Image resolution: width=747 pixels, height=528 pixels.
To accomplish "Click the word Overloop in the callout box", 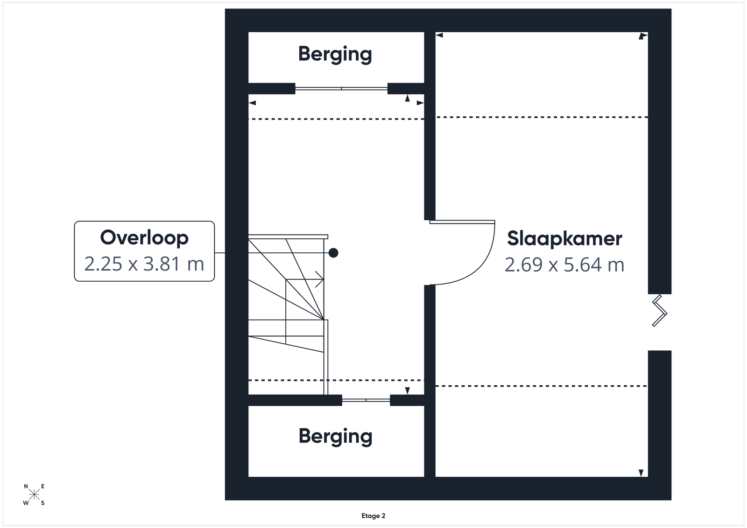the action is click(144, 238).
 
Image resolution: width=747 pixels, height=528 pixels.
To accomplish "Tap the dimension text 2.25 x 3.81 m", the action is click(144, 264).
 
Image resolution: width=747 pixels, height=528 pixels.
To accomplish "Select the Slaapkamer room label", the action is click(564, 238).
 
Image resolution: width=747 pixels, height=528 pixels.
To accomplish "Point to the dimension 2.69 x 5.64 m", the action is click(564, 265).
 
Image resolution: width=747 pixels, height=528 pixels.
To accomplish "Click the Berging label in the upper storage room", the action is click(335, 54).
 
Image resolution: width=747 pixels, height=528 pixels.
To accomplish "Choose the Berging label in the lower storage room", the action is click(336, 437).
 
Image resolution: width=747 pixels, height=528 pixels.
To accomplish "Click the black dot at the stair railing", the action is click(333, 253).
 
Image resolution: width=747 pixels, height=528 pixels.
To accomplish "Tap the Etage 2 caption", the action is click(373, 516).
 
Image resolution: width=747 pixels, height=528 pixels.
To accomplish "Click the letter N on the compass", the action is click(26, 486).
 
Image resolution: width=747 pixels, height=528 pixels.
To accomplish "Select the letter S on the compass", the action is click(42, 503).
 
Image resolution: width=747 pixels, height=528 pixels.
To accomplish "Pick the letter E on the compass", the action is click(42, 486).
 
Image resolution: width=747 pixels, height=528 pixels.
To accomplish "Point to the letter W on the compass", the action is click(26, 503).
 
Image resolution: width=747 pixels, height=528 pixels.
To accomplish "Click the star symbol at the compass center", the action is click(35, 495).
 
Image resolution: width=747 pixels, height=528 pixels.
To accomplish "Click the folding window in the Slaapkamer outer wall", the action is click(660, 311).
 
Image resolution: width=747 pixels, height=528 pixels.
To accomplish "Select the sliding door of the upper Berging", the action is click(341, 89).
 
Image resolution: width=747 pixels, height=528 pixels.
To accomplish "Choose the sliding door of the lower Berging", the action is click(366, 400).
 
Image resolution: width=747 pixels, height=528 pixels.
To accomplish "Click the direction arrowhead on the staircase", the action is click(320, 279).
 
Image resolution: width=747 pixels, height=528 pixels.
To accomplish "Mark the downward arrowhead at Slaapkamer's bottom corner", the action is click(641, 472).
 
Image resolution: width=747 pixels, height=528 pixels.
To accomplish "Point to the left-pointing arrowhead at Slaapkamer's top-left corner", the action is click(439, 35).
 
